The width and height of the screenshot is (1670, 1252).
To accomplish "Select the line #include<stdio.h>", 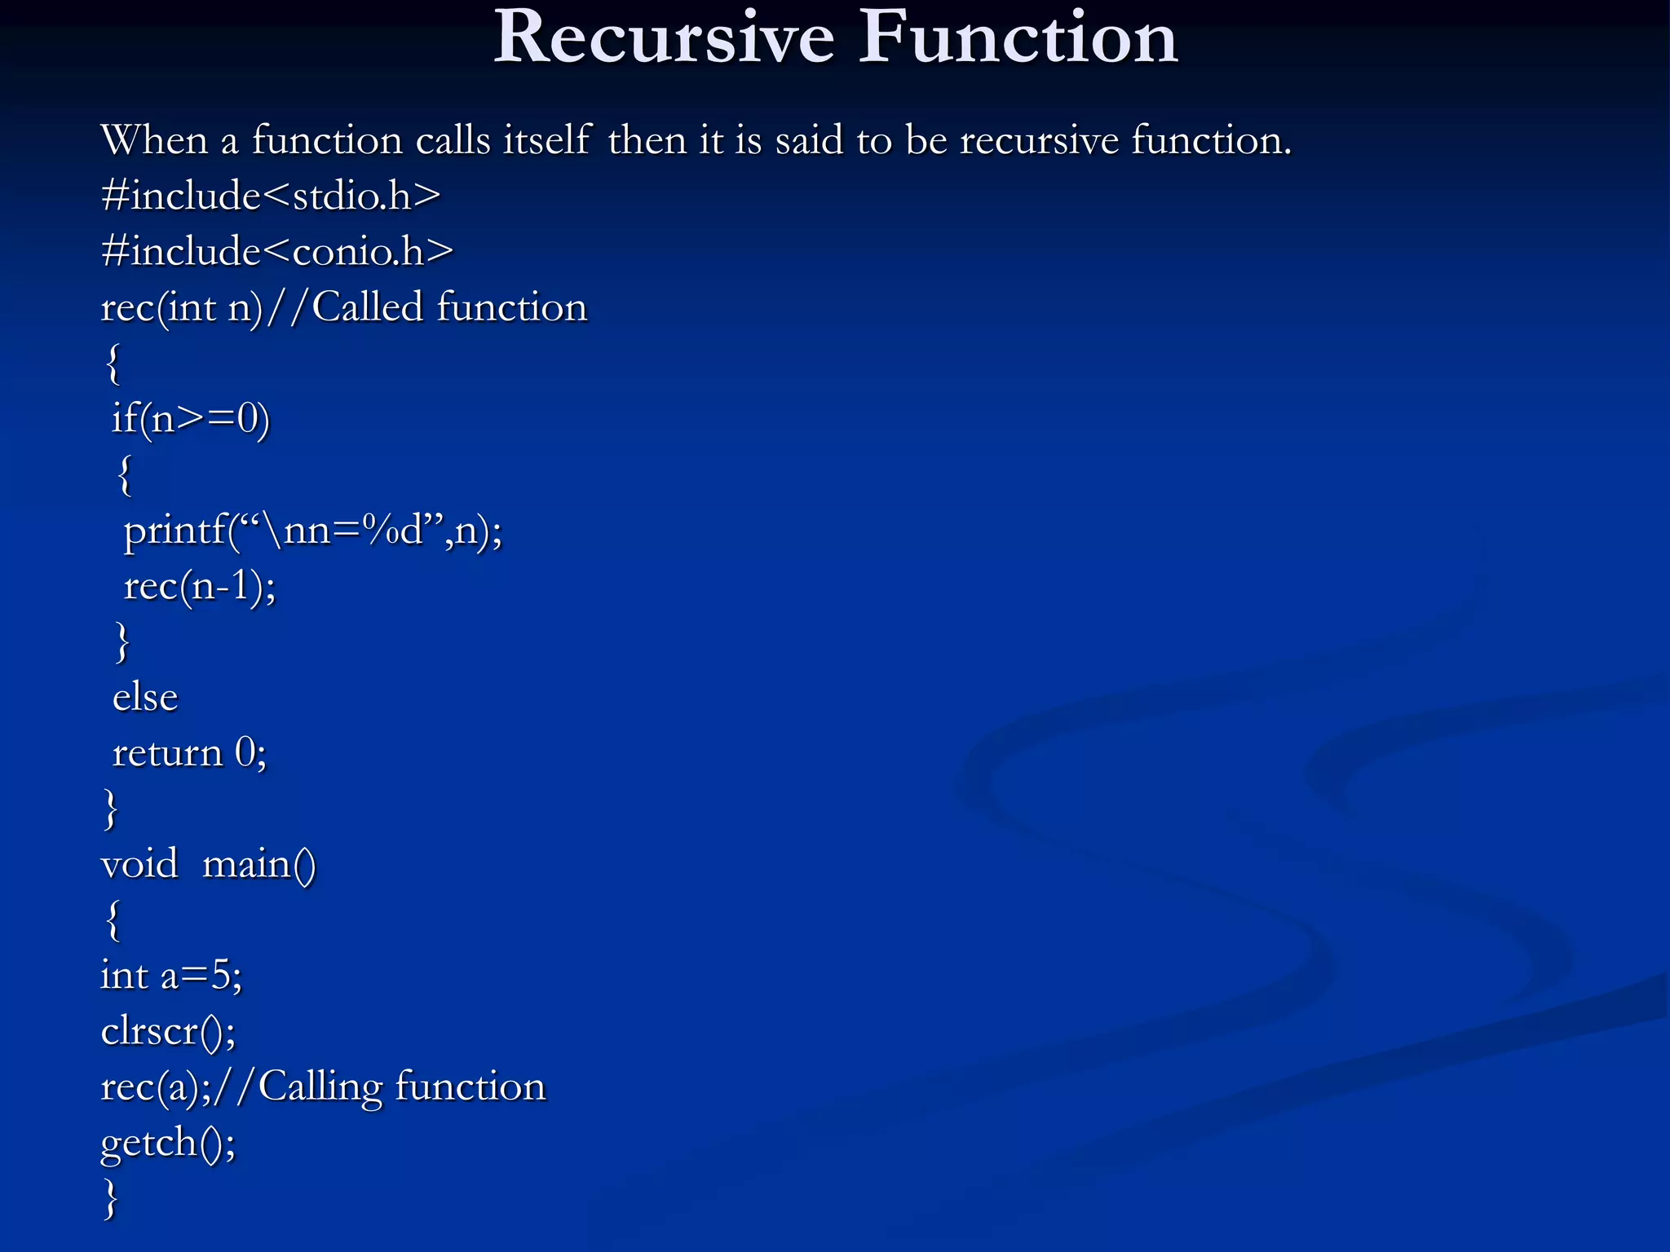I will point(271,196).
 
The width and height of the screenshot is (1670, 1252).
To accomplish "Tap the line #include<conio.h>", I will point(277,252).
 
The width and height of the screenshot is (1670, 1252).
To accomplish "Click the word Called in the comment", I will point(368,308).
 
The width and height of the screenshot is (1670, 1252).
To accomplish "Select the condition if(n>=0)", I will point(191,419).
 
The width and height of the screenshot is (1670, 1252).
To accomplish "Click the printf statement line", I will point(312,531).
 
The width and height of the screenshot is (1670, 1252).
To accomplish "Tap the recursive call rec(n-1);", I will point(200,586).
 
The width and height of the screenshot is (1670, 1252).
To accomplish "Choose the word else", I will point(145,698).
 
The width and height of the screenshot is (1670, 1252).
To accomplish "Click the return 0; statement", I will point(189,753).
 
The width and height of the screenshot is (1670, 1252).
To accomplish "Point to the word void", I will point(139,864).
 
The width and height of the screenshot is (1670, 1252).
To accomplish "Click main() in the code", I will point(258,864).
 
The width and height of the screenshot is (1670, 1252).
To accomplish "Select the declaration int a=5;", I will point(171,976).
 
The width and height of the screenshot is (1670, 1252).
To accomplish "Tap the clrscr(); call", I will point(168,1031).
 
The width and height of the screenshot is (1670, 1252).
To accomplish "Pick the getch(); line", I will point(168,1143).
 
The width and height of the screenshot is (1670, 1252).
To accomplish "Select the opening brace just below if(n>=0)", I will point(124,476).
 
